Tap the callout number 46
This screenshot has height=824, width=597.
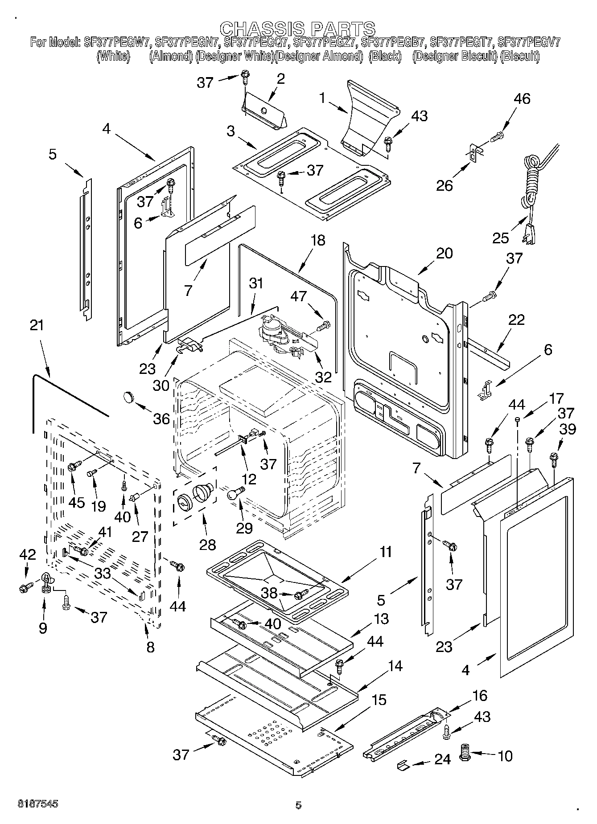click(x=522, y=98)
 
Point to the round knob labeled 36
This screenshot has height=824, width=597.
click(x=129, y=395)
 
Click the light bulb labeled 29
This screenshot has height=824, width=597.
click(x=235, y=492)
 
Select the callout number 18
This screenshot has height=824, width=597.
click(x=318, y=240)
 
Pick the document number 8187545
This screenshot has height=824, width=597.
click(x=38, y=804)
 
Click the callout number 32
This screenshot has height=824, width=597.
click(x=323, y=377)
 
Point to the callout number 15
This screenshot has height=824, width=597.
click(x=379, y=700)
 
